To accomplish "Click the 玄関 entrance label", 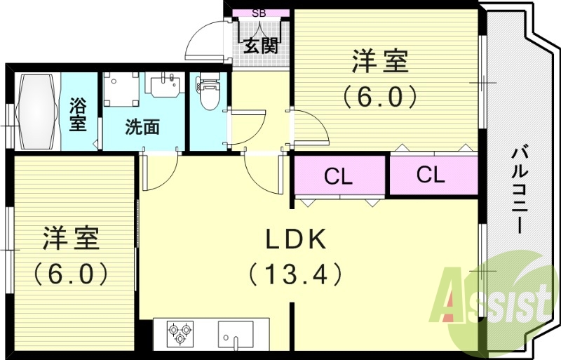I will [x=262, y=47].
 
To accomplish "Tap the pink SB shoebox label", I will [x=259, y=13].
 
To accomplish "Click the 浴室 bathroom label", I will [x=78, y=114].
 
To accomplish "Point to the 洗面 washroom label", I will [x=142, y=127].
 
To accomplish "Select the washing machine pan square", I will [x=121, y=90].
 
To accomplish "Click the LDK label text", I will [x=295, y=240].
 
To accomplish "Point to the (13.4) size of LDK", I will [x=295, y=274].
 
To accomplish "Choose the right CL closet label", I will [x=431, y=175].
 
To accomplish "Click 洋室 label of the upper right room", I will [x=380, y=62].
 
